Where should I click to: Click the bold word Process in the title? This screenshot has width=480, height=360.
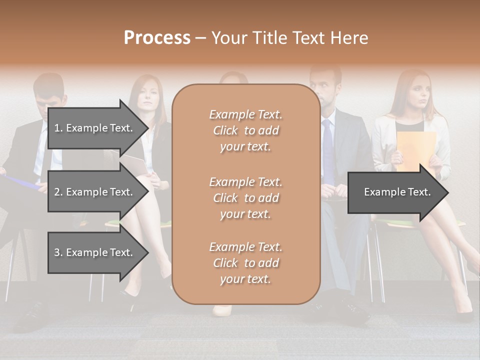tap(157, 38)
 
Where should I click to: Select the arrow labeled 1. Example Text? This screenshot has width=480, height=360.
tap(93, 128)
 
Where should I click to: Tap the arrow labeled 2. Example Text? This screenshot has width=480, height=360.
tap(93, 192)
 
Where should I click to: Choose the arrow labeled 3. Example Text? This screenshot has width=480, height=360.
tap(93, 252)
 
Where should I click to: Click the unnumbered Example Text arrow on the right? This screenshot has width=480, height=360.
tap(397, 192)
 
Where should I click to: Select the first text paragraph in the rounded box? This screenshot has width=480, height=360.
tap(245, 130)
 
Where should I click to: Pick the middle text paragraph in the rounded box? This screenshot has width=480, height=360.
tap(245, 198)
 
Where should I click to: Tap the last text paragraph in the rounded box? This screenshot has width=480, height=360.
tap(245, 263)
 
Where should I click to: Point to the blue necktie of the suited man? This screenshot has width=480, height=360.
tap(328, 150)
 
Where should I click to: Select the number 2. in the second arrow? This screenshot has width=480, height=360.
tap(58, 192)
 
